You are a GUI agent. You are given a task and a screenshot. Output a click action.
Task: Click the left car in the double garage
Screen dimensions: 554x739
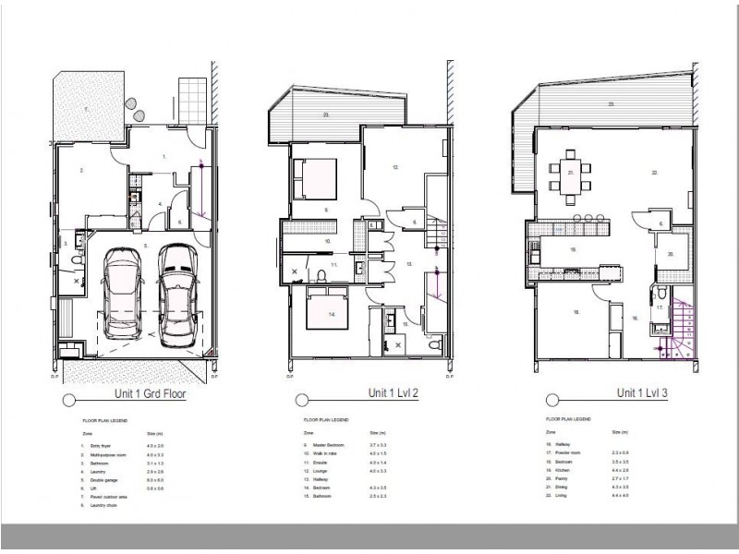point(124,293)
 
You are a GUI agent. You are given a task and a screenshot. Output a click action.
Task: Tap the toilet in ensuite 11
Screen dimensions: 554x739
point(319,274)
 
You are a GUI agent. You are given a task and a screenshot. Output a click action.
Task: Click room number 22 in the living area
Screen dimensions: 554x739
point(653,173)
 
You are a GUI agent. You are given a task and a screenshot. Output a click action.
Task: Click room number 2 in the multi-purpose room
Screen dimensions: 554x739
point(82,170)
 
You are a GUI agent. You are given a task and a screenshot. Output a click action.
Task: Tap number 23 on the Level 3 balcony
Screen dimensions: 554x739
point(611,105)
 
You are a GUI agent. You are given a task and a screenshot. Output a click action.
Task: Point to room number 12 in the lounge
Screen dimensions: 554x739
point(395,167)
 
